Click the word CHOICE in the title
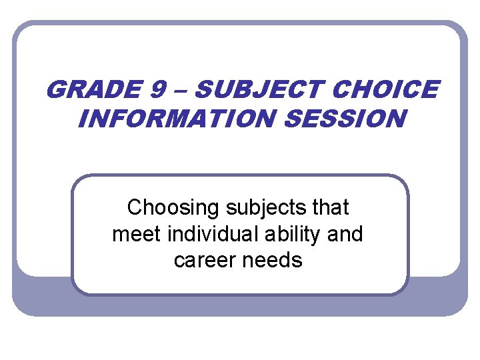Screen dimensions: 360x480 [385, 89]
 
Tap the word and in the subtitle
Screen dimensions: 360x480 [346, 234]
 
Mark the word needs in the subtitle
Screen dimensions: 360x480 [275, 260]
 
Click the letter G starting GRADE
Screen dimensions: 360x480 [56, 89]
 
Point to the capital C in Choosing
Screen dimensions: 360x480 [134, 208]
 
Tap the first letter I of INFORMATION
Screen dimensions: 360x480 [83, 119]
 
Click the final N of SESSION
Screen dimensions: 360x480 [395, 119]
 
